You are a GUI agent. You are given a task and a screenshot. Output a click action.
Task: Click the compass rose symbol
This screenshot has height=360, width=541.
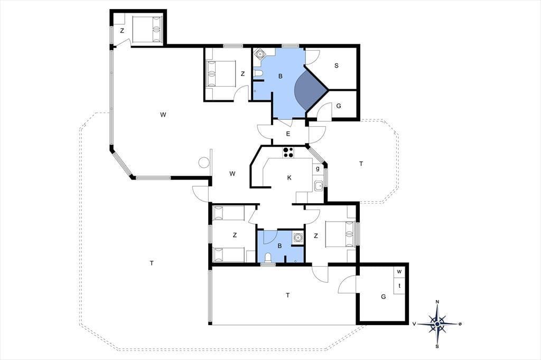[437, 324]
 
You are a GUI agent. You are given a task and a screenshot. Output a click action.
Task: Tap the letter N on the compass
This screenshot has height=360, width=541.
[437, 302]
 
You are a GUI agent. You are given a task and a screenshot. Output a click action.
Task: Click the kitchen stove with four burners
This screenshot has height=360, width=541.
[288, 152]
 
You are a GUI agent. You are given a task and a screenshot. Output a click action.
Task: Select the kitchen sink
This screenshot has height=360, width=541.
[318, 186]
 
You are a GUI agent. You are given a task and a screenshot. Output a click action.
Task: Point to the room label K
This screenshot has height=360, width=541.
[289, 177]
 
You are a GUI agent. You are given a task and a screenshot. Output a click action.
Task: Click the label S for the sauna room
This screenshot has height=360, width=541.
[337, 65]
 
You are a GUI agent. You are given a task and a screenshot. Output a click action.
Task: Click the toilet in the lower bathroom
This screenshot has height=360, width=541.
[268, 258]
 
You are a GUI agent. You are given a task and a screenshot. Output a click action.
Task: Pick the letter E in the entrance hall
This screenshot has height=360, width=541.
[288, 134]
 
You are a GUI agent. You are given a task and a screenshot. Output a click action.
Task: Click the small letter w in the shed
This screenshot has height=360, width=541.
[399, 271]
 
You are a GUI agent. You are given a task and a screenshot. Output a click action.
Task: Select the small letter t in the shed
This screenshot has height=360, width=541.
[399, 286]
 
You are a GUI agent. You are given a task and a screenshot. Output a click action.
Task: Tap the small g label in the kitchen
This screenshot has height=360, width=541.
[318, 168]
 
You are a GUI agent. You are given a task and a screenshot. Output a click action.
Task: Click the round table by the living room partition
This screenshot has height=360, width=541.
[204, 162]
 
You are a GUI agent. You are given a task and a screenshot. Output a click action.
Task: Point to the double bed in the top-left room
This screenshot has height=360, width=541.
[147, 30]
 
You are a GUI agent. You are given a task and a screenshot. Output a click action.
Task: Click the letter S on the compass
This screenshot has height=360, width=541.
[437, 346]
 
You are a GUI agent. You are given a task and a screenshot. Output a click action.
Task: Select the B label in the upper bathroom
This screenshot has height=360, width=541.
[280, 76]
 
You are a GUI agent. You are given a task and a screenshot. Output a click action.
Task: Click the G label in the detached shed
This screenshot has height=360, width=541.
[384, 297]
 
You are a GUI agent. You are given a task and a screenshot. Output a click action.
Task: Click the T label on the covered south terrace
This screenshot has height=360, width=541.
[288, 295]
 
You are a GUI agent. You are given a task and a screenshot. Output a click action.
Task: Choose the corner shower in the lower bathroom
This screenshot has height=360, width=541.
[298, 238]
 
